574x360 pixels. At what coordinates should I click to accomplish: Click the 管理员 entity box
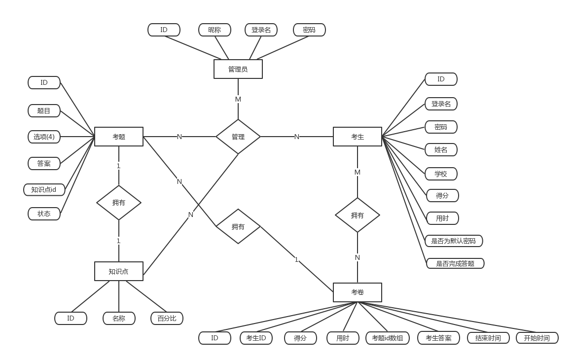point(238,69)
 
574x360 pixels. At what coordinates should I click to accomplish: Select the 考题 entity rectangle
point(118,137)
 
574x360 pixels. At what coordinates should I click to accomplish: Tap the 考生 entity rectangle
point(357,137)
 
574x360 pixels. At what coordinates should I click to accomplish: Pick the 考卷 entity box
point(357,292)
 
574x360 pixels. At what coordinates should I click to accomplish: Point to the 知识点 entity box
point(118,271)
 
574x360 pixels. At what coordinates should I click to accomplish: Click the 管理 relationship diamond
point(238,137)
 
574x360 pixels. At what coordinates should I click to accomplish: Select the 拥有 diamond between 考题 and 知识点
point(118,203)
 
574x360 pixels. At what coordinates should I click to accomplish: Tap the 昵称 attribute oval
point(215,30)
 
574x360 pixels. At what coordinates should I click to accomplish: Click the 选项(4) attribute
point(44,137)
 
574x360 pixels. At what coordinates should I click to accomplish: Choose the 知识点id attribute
point(44,189)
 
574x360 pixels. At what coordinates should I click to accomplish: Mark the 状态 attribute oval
point(44,214)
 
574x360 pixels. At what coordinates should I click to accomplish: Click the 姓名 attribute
point(441,149)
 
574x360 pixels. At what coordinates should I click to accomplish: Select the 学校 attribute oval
point(441,174)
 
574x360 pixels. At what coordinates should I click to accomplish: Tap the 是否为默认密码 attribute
point(453,241)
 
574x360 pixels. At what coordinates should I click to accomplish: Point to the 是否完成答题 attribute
point(455,263)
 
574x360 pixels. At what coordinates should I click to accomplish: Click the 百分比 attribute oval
point(167,318)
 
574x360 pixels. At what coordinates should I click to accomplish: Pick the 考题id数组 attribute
point(387,338)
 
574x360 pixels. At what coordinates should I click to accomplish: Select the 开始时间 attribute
point(537,338)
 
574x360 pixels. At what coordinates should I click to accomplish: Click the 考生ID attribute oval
point(256,338)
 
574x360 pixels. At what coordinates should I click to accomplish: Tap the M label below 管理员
point(238,99)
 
